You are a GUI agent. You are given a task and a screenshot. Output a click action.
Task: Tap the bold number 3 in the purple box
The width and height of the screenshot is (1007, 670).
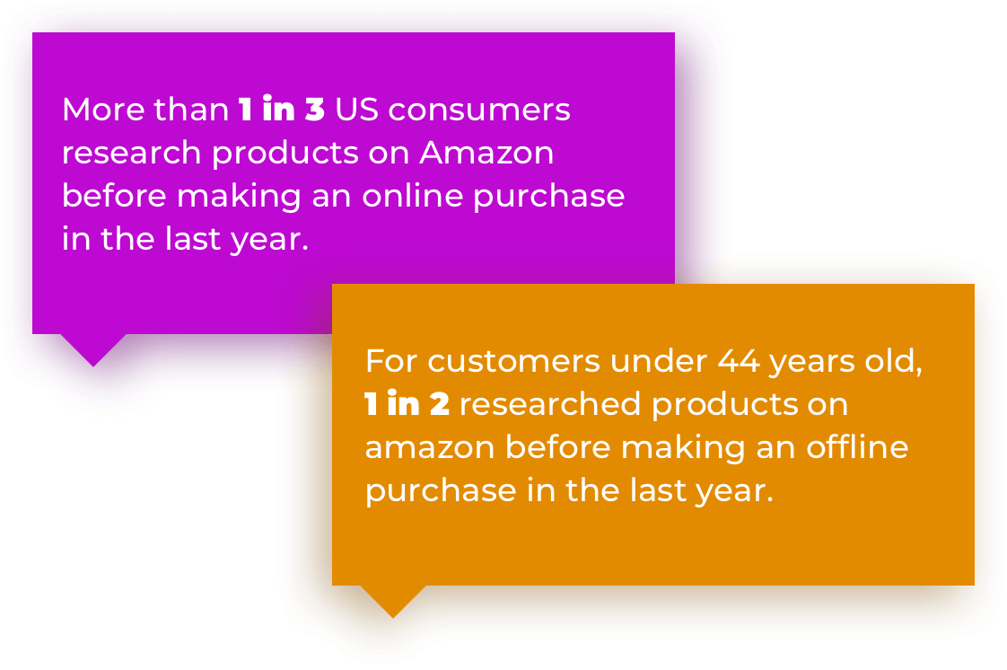[x=315, y=110]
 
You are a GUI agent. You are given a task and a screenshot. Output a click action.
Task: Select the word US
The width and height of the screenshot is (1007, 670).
[x=357, y=110]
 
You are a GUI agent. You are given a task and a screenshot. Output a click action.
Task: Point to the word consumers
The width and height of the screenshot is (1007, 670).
[x=479, y=110]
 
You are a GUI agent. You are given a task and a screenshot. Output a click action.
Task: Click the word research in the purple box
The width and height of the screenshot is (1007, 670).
[x=132, y=153]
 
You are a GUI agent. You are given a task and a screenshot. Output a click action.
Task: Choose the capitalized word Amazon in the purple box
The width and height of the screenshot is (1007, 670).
[x=486, y=153]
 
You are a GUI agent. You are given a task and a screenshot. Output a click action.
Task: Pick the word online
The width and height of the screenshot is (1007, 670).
[x=412, y=196]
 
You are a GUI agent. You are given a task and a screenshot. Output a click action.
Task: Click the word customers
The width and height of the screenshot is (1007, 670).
[x=513, y=362]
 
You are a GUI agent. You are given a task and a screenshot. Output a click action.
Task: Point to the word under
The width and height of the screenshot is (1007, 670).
[x=659, y=361]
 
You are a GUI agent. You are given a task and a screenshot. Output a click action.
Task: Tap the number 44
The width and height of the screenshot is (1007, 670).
[x=739, y=361]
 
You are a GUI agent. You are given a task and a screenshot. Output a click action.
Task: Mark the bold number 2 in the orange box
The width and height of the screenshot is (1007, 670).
[x=440, y=404]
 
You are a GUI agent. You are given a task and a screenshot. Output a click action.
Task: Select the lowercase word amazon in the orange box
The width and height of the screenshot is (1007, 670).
[x=430, y=448]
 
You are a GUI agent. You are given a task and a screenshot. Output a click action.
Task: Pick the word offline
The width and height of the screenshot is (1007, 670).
[x=857, y=447]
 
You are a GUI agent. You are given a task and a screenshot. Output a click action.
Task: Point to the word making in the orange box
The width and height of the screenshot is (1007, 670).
[x=683, y=448]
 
